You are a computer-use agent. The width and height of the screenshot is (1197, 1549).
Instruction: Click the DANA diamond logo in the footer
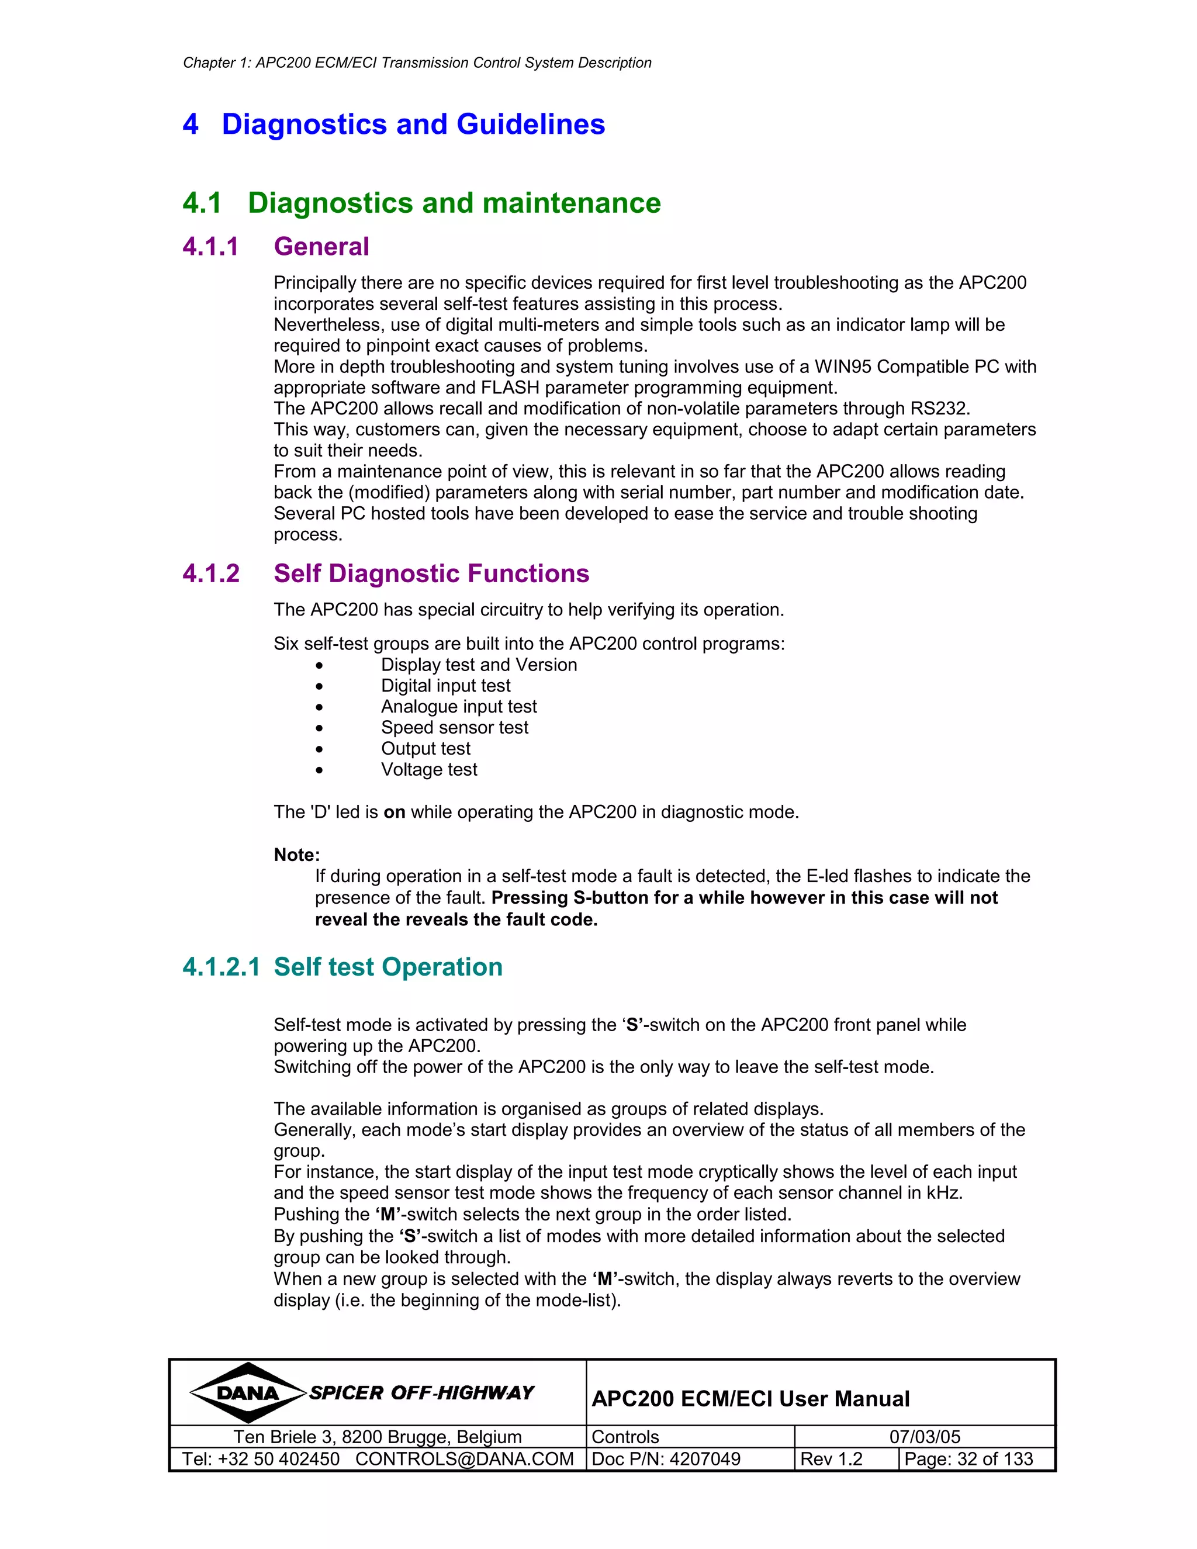click(x=247, y=1392)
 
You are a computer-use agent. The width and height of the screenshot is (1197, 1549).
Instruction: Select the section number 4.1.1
click(x=210, y=247)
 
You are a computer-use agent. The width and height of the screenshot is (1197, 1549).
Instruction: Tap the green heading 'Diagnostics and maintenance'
click(x=454, y=203)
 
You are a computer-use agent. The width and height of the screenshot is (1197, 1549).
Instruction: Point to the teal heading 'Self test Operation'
click(x=388, y=967)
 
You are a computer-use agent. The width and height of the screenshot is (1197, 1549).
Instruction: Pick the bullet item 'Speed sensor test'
click(x=455, y=728)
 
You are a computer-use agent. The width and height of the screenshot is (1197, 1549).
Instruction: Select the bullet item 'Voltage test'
click(x=429, y=770)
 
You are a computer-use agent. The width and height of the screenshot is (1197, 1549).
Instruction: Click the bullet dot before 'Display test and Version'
click(x=320, y=665)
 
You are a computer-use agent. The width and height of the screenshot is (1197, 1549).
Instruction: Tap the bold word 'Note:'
click(x=296, y=855)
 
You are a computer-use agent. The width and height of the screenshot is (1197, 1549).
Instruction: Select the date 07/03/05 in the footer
click(x=924, y=1437)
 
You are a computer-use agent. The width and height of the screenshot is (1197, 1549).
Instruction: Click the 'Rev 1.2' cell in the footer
click(x=831, y=1459)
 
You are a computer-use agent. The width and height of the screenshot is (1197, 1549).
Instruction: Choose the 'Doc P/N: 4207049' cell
click(x=666, y=1459)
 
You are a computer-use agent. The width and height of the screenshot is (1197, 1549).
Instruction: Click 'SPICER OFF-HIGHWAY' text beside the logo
click(x=421, y=1393)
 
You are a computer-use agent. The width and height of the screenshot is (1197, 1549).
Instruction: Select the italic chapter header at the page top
click(x=417, y=63)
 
